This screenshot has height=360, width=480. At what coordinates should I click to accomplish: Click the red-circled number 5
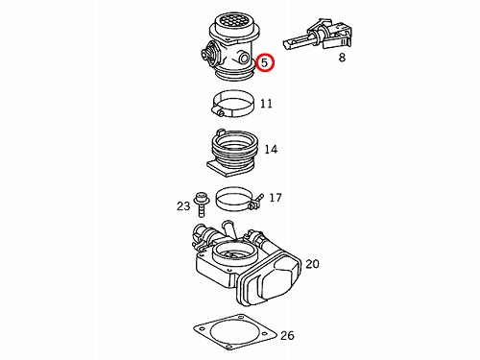pyautogui.click(x=265, y=62)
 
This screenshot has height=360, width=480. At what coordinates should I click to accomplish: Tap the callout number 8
pyautogui.click(x=342, y=58)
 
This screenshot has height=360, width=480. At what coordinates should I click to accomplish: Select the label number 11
pyautogui.click(x=266, y=104)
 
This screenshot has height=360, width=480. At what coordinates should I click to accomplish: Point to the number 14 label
pyautogui.click(x=271, y=149)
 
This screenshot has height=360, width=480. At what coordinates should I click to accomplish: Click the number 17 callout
pyautogui.click(x=276, y=198)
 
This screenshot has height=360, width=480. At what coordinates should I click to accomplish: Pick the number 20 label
pyautogui.click(x=312, y=264)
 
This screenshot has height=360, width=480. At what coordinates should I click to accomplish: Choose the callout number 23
pyautogui.click(x=183, y=206)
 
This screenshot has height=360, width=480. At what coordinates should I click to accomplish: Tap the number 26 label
pyautogui.click(x=287, y=335)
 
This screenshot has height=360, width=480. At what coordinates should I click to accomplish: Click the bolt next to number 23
pyautogui.click(x=201, y=204)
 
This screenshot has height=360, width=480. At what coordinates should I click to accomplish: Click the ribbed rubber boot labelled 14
pyautogui.click(x=233, y=153)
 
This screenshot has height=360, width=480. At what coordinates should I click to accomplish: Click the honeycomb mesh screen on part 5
pyautogui.click(x=232, y=20)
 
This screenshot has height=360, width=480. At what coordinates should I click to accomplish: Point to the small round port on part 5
pyautogui.click(x=245, y=58)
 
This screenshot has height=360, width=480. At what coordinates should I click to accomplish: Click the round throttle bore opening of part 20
pyautogui.click(x=233, y=252)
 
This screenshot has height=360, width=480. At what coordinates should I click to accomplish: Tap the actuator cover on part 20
pyautogui.click(x=271, y=281)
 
